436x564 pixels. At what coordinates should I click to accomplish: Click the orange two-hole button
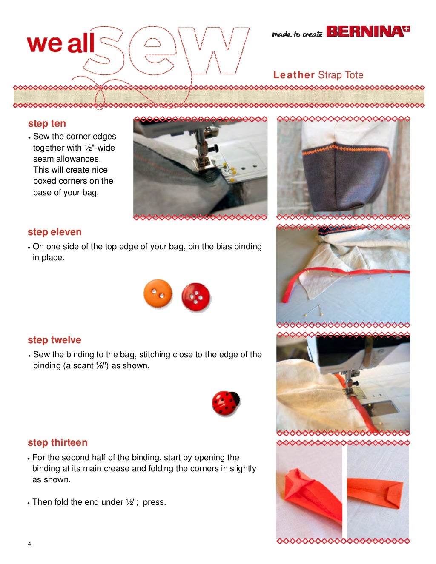pos(158,293)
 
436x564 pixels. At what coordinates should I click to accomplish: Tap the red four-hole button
pos(196,297)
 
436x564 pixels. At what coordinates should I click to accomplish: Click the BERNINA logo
pos(368,31)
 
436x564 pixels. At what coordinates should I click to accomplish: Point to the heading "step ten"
pos(47,123)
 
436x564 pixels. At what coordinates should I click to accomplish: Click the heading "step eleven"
pos(55,232)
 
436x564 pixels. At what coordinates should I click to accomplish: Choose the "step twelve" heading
pos(54,340)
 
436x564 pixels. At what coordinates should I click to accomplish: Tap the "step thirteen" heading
pos(57,442)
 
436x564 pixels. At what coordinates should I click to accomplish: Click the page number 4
pos(29,544)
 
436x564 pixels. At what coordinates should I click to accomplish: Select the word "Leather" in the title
pos(294,75)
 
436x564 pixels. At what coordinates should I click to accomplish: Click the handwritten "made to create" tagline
pos(298,34)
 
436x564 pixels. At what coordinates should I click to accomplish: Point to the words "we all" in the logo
pos(60,44)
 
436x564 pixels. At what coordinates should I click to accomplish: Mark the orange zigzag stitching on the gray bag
pos(346,150)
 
